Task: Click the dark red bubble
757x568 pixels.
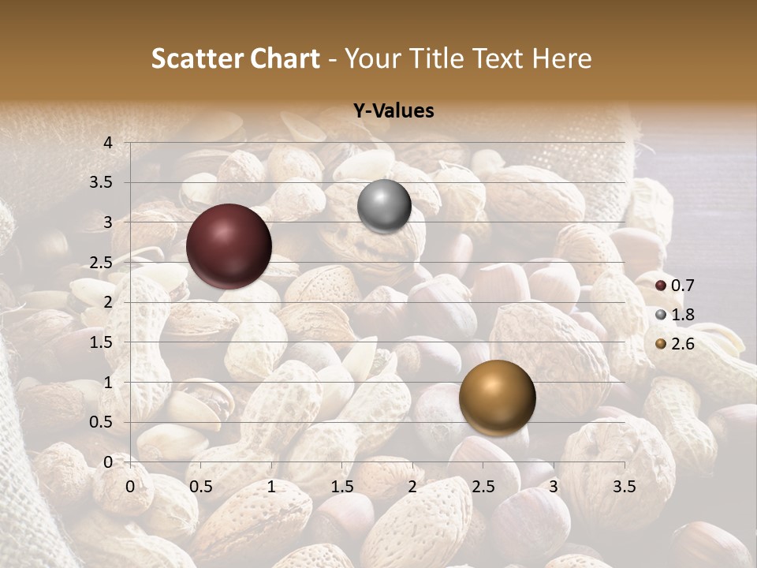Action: tap(229, 246)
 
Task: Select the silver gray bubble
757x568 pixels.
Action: tap(384, 206)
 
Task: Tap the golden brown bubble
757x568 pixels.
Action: tap(497, 398)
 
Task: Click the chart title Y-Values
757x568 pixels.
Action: tap(393, 111)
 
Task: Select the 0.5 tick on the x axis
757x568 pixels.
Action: tap(201, 487)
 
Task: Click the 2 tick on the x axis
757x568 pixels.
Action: tap(412, 487)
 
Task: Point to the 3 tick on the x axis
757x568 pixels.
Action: tap(554, 487)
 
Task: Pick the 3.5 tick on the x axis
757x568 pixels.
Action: tap(624, 487)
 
